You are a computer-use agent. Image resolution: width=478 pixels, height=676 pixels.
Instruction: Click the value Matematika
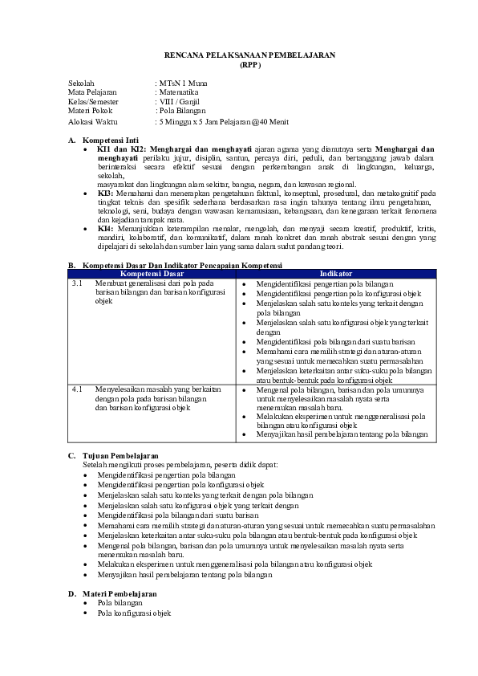(x=179, y=92)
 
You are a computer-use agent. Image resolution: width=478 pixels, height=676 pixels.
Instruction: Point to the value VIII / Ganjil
(x=179, y=102)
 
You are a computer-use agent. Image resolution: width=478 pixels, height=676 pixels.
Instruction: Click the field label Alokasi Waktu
(x=93, y=121)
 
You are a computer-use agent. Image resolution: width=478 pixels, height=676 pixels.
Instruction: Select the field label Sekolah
(x=81, y=83)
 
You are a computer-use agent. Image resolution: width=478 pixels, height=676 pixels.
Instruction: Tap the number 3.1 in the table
(x=77, y=284)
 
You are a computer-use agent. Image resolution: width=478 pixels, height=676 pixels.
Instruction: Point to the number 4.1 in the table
(x=77, y=389)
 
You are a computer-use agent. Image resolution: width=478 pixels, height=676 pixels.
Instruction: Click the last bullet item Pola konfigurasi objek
(x=134, y=613)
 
